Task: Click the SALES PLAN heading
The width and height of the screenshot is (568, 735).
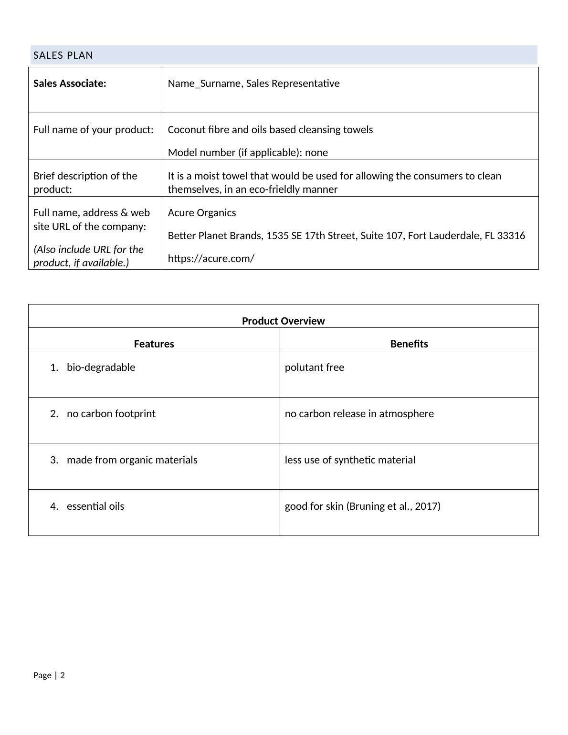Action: pyautogui.click(x=63, y=55)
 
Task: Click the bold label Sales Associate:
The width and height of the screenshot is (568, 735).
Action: pyautogui.click(x=70, y=84)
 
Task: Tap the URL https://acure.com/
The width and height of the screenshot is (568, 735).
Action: pyautogui.click(x=211, y=259)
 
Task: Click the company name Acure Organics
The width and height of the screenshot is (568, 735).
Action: pyautogui.click(x=201, y=213)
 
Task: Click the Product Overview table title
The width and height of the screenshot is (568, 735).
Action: pyautogui.click(x=283, y=321)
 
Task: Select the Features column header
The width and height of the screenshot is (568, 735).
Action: pyautogui.click(x=154, y=344)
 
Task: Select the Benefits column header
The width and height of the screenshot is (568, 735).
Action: pyautogui.click(x=409, y=344)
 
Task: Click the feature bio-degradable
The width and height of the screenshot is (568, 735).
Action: pyautogui.click(x=101, y=367)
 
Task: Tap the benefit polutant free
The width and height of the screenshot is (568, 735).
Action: pyautogui.click(x=314, y=367)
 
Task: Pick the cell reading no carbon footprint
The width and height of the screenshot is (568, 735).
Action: pyautogui.click(x=111, y=414)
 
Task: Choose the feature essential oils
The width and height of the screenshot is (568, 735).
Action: pyautogui.click(x=95, y=506)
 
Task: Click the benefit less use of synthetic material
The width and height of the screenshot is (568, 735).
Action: pyautogui.click(x=350, y=460)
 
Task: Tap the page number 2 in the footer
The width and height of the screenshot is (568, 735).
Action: pyautogui.click(x=63, y=675)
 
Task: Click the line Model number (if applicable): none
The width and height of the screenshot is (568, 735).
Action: pyautogui.click(x=248, y=153)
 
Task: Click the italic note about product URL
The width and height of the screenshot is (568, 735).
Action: pyautogui.click(x=88, y=256)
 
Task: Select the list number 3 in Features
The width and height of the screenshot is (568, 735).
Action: pyautogui.click(x=53, y=460)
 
